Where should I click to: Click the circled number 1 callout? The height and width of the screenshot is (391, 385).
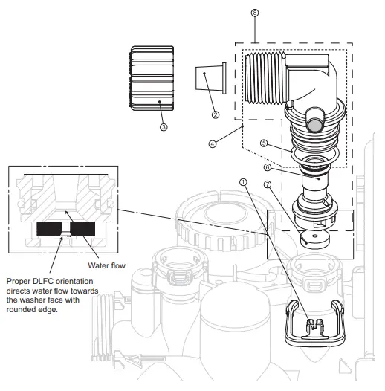click(x=242, y=181)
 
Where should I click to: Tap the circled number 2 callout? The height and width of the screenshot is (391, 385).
click(x=215, y=114)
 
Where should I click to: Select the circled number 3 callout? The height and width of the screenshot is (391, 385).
click(x=164, y=127)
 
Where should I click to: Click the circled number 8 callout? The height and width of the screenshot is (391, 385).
click(x=255, y=13)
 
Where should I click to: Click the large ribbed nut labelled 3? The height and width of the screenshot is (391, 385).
click(x=152, y=80)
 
